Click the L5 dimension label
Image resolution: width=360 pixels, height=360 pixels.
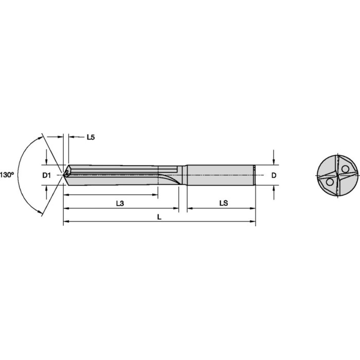click(x=91, y=137)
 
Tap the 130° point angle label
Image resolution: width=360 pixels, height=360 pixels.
click(x=6, y=174)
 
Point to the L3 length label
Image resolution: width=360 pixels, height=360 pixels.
click(x=119, y=203)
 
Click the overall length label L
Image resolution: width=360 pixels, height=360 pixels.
click(x=159, y=217)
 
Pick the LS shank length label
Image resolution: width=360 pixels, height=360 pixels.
click(x=223, y=203)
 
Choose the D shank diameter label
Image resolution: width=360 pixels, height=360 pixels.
click(x=274, y=175)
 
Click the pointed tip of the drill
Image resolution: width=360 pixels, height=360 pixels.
click(x=63, y=175)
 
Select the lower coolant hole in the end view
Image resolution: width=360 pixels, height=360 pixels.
click(x=328, y=183)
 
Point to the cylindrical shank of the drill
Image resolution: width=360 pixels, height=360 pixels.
click(x=221, y=175)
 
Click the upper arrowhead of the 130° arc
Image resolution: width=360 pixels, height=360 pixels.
click(x=41, y=138)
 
